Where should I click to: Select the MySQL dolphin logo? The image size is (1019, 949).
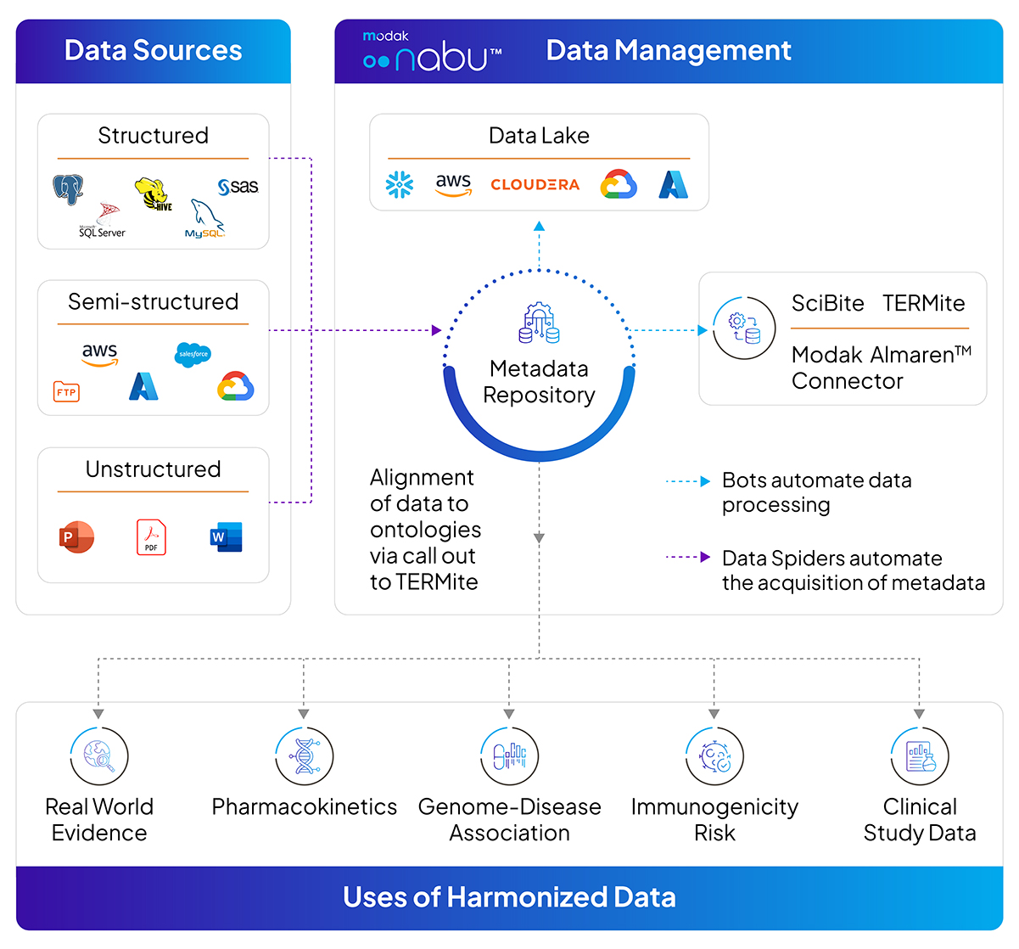205,219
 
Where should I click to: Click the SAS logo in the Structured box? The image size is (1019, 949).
238,187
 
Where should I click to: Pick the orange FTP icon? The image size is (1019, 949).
66,391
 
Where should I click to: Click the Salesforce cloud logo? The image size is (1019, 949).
193,354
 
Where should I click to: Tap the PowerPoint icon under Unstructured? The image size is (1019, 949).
76,537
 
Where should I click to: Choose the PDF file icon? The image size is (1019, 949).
151,537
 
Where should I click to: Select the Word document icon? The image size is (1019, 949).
227,537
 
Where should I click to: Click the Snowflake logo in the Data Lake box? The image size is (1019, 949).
400,184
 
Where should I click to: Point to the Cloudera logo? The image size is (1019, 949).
535,184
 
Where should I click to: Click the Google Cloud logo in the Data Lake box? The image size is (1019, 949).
619,184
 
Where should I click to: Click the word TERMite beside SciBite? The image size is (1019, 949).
923,303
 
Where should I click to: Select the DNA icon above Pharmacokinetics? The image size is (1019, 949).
304,755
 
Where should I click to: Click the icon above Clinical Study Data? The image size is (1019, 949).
920,755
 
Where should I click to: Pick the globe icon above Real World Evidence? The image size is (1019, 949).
99,755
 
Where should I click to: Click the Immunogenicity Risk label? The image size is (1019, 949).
714,819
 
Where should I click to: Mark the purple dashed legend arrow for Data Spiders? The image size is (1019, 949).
688,558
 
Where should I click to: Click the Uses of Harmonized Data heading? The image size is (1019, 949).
509,897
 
